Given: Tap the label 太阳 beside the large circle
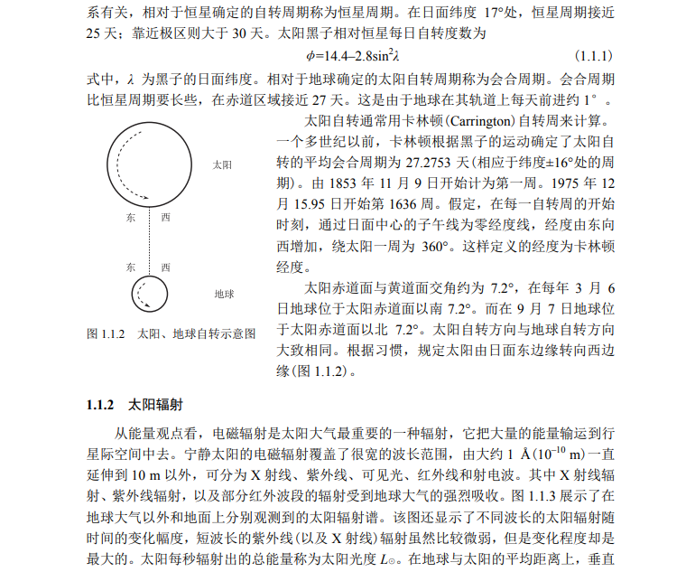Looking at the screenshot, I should pyautogui.click(x=222, y=165).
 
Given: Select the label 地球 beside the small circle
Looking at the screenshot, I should pyautogui.click(x=224, y=294).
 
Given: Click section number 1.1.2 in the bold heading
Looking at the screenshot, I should pyautogui.click(x=102, y=404).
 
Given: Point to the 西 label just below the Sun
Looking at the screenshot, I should pyautogui.click(x=165, y=218).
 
